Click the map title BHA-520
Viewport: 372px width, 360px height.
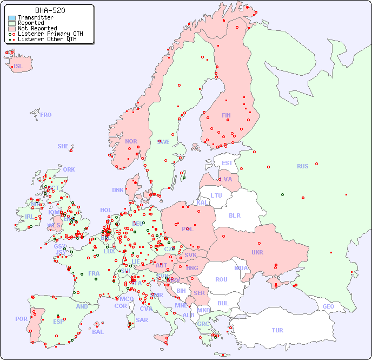[50, 10]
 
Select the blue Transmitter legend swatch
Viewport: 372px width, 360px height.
[12, 18]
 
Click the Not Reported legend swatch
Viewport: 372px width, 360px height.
[12, 29]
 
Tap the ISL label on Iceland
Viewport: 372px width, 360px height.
[18, 67]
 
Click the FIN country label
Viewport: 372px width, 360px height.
[226, 115]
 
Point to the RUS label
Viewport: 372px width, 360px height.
[302, 166]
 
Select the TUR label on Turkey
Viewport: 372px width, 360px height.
[277, 330]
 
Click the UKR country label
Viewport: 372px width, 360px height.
[257, 252]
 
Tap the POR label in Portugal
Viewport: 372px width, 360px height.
[21, 319]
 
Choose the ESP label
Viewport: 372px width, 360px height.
[58, 321]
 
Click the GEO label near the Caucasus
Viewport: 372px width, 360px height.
[328, 306]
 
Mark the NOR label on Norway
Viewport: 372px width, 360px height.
[131, 141]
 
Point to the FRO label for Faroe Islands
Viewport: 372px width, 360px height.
[46, 115]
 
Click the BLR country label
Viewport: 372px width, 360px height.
[235, 215]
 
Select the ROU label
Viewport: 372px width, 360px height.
[221, 279]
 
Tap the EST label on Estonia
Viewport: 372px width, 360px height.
[227, 163]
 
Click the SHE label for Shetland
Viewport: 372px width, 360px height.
[63, 146]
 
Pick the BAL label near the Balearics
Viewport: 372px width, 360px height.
[98, 332]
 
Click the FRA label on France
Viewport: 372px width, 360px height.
[94, 273]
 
